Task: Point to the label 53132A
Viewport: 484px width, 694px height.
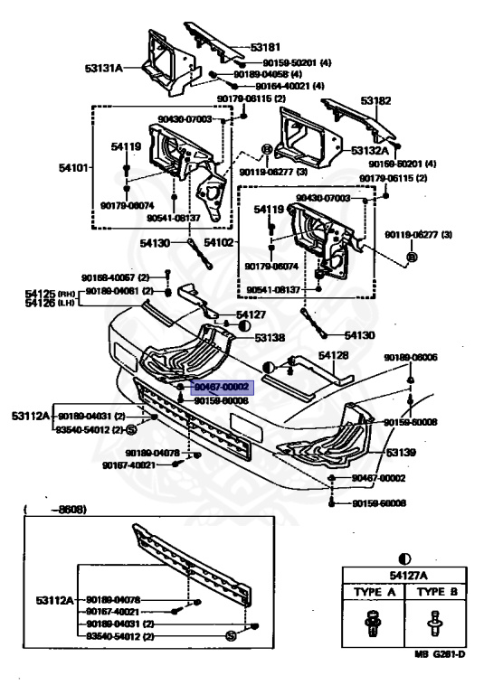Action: click(x=370, y=151)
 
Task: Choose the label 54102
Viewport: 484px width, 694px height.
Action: click(x=219, y=242)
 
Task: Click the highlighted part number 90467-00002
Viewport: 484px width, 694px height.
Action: click(x=222, y=386)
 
